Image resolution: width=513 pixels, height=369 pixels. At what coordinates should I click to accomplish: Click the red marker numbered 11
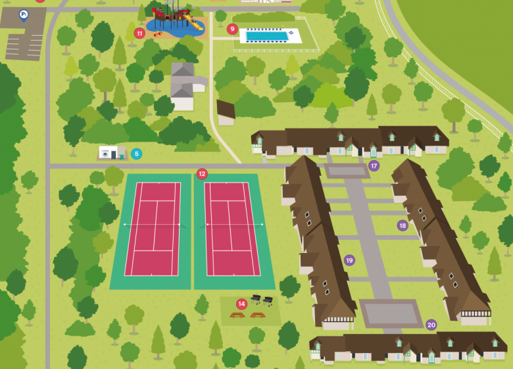point(139,33)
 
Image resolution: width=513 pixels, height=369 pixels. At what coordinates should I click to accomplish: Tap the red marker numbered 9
point(232,29)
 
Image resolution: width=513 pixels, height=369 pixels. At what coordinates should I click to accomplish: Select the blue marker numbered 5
point(136,154)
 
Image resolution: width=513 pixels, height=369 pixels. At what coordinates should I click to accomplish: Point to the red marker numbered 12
point(202,174)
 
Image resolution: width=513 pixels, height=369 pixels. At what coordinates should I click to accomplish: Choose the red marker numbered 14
point(242,304)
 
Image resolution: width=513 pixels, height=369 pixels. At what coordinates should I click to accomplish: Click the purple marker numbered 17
point(374,166)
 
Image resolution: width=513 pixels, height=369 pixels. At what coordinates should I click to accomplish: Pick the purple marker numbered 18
point(403,225)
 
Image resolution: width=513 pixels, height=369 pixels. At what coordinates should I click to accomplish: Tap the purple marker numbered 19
point(349,260)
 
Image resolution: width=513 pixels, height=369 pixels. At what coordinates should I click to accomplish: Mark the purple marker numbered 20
point(431,324)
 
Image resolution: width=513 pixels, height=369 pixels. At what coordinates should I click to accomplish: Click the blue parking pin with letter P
point(24,14)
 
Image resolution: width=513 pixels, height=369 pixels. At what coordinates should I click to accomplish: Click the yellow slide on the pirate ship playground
point(196,24)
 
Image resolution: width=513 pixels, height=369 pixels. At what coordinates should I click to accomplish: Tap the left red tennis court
point(153,229)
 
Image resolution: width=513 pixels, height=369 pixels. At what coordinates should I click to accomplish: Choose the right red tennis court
point(232,229)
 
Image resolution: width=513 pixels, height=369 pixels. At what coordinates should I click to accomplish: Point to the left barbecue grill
point(256,300)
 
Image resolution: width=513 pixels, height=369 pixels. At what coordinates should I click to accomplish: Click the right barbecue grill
point(268,301)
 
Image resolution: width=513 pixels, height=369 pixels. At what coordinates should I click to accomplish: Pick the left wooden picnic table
point(237,315)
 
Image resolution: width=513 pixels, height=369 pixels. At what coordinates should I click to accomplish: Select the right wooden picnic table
point(257,315)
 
